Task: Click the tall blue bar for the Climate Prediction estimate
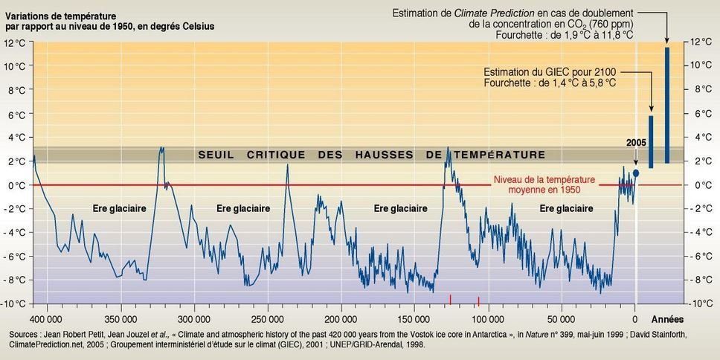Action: (667, 104)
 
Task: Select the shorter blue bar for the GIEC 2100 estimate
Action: (651, 141)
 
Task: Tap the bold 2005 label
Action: (635, 141)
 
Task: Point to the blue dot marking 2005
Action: (636, 173)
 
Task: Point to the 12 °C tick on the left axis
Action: (15, 42)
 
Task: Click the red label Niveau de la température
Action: (536, 179)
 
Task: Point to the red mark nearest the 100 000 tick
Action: (478, 300)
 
